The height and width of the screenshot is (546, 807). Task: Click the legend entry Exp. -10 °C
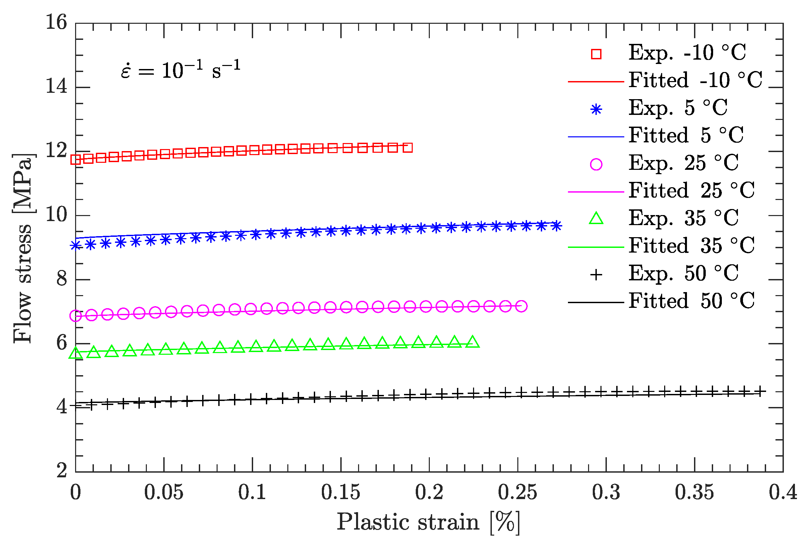click(687, 53)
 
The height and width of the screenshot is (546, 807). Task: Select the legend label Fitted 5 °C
click(686, 135)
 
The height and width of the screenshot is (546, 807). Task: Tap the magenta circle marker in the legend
click(596, 164)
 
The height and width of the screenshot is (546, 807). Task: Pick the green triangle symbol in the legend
click(596, 218)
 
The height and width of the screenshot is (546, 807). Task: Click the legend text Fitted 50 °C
click(691, 301)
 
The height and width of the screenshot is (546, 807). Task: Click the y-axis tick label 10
click(56, 215)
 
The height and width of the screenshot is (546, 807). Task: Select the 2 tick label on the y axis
click(62, 471)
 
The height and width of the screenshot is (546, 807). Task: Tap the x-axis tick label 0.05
click(164, 492)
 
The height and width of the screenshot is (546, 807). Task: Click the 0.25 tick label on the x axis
click(517, 492)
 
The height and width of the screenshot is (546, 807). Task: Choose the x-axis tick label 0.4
click(783, 492)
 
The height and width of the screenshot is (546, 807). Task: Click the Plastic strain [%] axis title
click(428, 522)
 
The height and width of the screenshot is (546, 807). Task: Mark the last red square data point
click(408, 148)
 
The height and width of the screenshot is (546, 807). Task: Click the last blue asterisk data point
click(556, 226)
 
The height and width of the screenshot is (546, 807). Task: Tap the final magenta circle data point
click(521, 306)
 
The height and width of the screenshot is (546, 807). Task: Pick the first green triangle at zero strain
click(76, 353)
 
